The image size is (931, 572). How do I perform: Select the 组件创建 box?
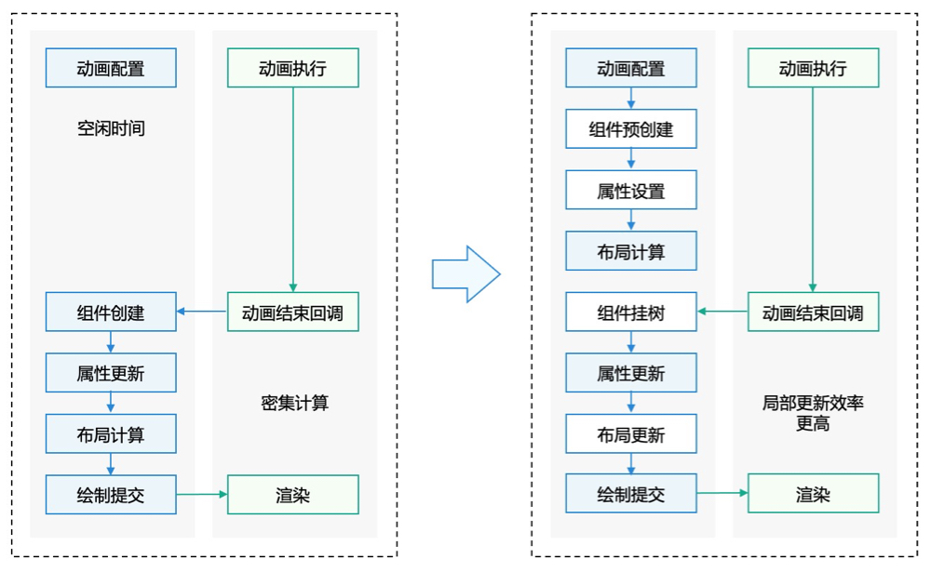(x=111, y=312)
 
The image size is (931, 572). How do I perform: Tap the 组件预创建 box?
(x=631, y=129)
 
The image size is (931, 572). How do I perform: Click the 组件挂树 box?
(x=631, y=312)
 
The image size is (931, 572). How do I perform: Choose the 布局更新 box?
(x=631, y=433)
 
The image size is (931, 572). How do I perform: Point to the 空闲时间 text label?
(x=111, y=128)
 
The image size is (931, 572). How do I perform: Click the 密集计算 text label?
(x=293, y=404)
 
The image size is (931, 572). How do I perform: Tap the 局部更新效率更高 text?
(x=813, y=413)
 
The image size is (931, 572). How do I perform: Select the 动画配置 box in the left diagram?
(x=111, y=68)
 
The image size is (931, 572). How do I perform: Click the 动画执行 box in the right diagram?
(x=813, y=68)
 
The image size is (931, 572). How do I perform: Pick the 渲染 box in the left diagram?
(x=293, y=494)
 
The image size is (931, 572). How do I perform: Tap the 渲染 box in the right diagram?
(x=813, y=494)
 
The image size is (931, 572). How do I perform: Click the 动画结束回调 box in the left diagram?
(x=293, y=312)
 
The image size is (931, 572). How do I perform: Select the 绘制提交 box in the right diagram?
(x=631, y=494)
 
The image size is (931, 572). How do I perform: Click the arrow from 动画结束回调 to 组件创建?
(x=202, y=312)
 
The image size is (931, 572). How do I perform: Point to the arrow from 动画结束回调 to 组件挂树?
(x=722, y=312)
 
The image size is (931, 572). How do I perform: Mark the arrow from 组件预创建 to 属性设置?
(x=631, y=159)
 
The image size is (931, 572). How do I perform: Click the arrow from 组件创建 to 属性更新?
(x=111, y=342)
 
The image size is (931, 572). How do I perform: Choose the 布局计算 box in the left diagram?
(x=111, y=433)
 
